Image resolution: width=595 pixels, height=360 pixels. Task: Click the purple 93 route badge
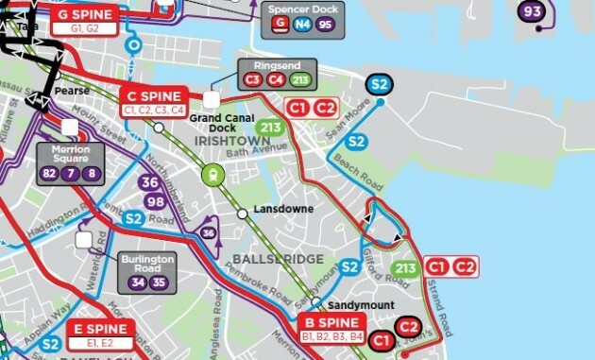tap(533, 12)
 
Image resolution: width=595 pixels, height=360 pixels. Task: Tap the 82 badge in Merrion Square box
tap(51, 173)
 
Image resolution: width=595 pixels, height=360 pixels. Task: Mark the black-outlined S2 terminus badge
tap(380, 85)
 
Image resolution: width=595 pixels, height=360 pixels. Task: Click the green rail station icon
tap(215, 174)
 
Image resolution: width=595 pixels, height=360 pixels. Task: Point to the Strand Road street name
tap(442, 307)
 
